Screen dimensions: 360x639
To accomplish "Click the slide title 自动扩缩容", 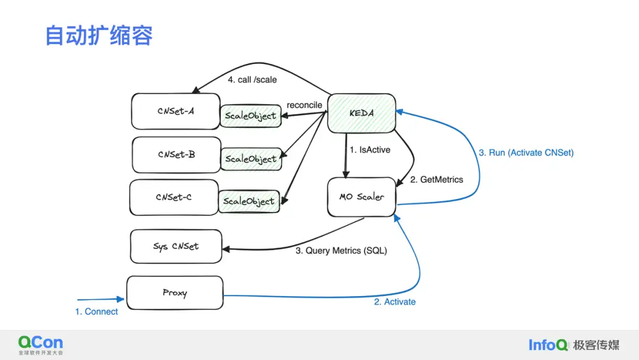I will coord(99,36).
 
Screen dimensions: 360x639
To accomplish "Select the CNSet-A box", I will coord(176,111).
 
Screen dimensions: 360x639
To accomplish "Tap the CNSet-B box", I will coord(176,155).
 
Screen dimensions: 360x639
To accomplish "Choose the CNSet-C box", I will coord(174,197).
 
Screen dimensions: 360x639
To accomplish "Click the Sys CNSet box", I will coord(176,246).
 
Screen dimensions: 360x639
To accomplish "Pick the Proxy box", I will coord(175,292).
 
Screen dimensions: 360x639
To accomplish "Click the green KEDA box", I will coord(362,112).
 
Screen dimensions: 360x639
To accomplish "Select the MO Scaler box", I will coord(362,197).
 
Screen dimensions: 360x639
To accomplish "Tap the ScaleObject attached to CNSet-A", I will coord(250,116).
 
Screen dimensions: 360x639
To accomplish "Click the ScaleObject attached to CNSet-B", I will coord(250,159).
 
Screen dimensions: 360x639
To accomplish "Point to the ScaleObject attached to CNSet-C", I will coord(248,201).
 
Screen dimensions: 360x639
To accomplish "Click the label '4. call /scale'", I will coord(252,79).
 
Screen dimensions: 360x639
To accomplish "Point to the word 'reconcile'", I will coord(304,105).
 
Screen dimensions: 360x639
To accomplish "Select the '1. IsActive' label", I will coord(370,150).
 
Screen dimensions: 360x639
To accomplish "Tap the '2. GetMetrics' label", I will coord(437,179).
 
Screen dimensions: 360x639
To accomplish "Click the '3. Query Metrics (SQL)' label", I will coord(341,250).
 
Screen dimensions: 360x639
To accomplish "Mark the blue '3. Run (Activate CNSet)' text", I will coord(526,152).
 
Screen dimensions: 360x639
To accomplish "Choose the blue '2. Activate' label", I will coord(395,302).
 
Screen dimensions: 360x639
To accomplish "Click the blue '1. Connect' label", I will coord(96,311).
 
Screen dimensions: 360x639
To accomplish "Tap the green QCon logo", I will coord(40,344).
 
